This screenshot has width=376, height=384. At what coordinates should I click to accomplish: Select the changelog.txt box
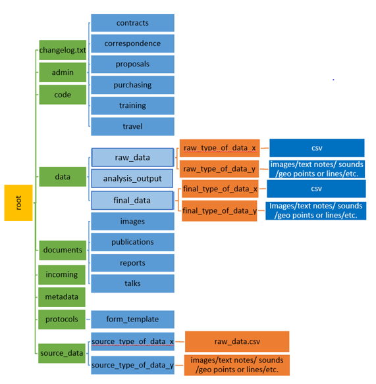pos(63,50)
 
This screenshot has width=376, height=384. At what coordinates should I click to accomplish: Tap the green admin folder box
pos(63,72)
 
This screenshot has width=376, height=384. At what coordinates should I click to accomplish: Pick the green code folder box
pos(63,95)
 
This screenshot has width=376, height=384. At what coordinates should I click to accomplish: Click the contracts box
pos(132,23)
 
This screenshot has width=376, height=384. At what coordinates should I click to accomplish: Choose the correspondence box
pos(132,44)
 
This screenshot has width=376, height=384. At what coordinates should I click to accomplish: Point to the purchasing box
pos(132,85)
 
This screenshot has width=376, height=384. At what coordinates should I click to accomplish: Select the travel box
pos(132,126)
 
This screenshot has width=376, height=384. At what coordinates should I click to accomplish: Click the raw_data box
pos(132,158)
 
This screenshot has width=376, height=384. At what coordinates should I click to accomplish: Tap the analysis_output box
pos(132,178)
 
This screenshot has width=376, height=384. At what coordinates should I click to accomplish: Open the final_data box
pos(132,200)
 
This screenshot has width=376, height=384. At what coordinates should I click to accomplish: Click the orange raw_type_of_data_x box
pos(219,148)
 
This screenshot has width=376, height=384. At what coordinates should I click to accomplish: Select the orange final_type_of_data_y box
pos(219,211)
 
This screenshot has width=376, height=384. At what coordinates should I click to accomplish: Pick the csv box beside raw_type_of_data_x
pos(316,148)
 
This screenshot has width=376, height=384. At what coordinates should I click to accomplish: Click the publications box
pos(132,242)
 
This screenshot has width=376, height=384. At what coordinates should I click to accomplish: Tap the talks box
pos(132,283)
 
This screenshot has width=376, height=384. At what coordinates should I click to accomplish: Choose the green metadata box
pos(63,297)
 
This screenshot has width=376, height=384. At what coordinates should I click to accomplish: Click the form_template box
pos(132,320)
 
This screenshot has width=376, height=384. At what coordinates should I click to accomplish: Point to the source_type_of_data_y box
pos(132,365)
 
